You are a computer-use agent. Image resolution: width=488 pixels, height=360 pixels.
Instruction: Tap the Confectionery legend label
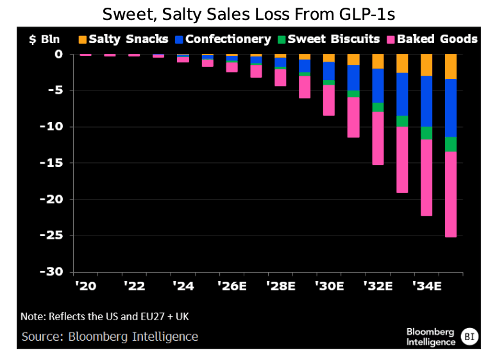(x=228, y=39)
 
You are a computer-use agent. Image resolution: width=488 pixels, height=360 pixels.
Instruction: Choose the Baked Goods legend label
(x=437, y=39)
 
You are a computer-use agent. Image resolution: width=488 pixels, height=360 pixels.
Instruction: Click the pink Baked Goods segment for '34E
(x=426, y=178)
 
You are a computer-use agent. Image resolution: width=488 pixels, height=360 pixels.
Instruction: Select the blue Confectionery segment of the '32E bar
(x=378, y=85)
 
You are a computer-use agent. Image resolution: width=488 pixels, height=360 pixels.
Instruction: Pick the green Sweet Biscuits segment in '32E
(x=378, y=107)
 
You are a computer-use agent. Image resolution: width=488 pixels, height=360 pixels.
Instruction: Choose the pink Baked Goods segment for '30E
(x=329, y=100)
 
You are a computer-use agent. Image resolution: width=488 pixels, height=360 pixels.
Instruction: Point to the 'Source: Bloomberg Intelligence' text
(x=110, y=336)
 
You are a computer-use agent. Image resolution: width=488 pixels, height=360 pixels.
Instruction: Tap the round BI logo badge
(x=470, y=336)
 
